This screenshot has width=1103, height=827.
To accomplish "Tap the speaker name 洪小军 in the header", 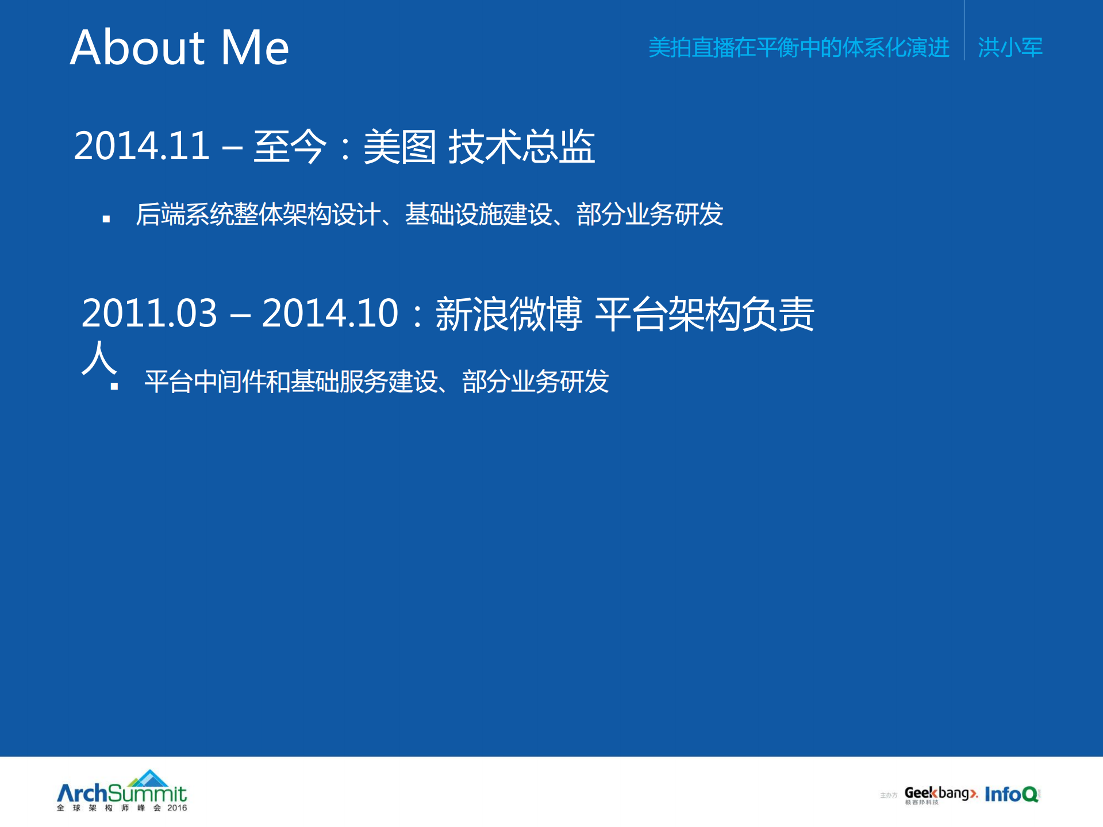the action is (x=1010, y=47).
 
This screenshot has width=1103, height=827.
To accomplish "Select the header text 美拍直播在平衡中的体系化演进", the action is (x=798, y=47).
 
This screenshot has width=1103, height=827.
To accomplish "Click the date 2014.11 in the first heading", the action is (x=142, y=145).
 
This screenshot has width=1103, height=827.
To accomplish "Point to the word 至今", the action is (x=290, y=146).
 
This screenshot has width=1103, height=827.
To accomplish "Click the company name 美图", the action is (x=400, y=146).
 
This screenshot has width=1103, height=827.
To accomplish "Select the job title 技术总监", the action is (x=521, y=146).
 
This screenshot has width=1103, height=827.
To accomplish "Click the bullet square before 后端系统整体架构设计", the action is (x=106, y=219).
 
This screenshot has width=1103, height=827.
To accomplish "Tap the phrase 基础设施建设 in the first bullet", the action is (x=478, y=214).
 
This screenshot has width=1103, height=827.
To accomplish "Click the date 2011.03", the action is (x=149, y=313).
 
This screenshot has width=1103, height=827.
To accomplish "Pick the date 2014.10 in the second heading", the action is (x=330, y=313).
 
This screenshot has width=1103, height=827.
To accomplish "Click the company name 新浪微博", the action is (x=509, y=314).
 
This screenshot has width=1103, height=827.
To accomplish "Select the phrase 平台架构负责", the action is (x=686, y=314).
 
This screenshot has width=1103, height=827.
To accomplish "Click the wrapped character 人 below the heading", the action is (x=99, y=357).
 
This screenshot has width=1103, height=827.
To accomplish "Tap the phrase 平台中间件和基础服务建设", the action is (x=291, y=381).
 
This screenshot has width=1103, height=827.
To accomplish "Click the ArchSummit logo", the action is (x=122, y=790).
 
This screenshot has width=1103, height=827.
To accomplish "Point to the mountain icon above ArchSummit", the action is (x=148, y=778).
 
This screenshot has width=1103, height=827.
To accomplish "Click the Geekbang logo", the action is (x=940, y=794).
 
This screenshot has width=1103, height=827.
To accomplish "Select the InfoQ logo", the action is (x=1012, y=794).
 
